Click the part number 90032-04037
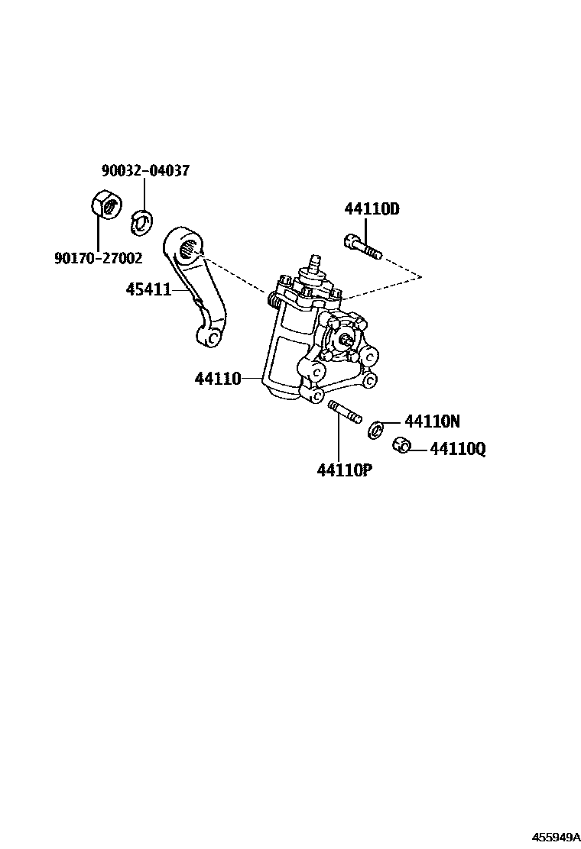pos(144,171)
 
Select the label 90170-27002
pos(98,259)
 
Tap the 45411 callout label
pos(148,289)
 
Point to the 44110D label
pos(372,209)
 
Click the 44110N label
pos(432,421)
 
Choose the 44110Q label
pos(457,449)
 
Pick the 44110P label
pos(344,470)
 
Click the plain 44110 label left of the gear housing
pos(217,378)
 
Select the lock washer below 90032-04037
pos(141,220)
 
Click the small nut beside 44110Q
pos(400,445)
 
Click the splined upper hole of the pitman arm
pos(189,247)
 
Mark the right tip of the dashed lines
pos(421,274)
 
